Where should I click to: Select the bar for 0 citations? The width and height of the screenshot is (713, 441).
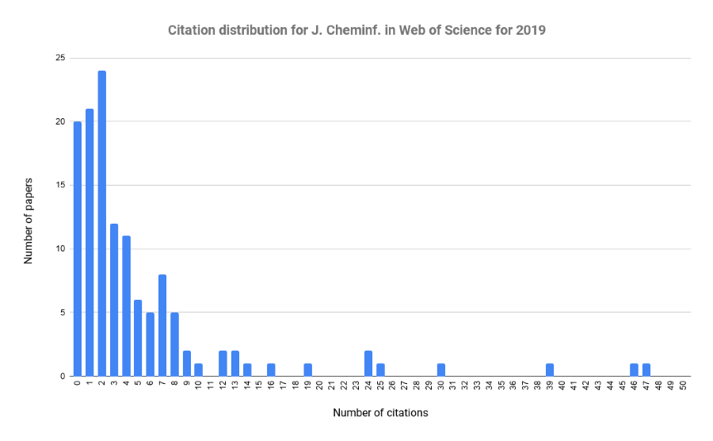click(x=78, y=249)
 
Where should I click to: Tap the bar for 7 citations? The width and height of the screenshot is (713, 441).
click(x=162, y=325)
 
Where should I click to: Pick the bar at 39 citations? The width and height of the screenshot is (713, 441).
click(x=550, y=370)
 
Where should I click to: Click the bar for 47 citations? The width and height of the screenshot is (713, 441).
click(x=646, y=370)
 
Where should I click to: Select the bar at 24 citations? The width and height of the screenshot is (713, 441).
click(x=368, y=363)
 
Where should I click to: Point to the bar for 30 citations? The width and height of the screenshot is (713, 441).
click(x=441, y=370)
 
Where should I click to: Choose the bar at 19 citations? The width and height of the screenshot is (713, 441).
click(x=308, y=370)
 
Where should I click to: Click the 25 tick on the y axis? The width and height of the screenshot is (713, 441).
click(x=60, y=58)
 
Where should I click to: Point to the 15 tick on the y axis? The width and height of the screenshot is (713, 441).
click(x=60, y=186)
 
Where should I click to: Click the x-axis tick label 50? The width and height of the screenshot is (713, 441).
click(x=683, y=386)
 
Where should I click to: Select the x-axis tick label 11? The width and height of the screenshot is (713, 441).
click(x=211, y=386)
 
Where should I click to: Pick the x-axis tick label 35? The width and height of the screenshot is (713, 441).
click(x=501, y=386)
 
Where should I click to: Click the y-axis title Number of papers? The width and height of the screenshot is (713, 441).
click(x=29, y=217)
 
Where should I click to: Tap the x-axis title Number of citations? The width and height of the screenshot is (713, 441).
click(x=380, y=413)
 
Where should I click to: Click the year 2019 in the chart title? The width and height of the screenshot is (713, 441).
click(x=532, y=31)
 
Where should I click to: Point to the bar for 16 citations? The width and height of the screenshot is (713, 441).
click(x=272, y=370)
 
